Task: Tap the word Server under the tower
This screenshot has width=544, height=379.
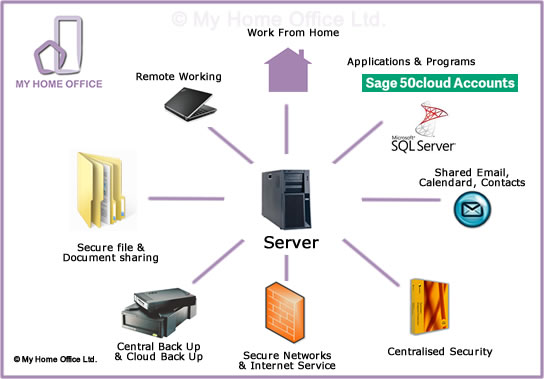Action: coord(290,243)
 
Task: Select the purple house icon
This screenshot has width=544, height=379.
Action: coord(288,71)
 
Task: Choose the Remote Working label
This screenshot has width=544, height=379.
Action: coord(178,76)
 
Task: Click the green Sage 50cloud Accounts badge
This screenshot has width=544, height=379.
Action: coord(439,83)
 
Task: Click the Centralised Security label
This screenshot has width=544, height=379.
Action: coord(440,351)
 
